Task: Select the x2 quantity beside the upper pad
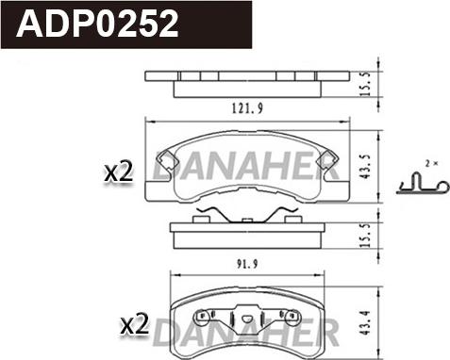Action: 117,172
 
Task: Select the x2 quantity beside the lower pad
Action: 137,325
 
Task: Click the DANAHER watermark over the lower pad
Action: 245,330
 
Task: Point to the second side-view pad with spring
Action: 245,232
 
